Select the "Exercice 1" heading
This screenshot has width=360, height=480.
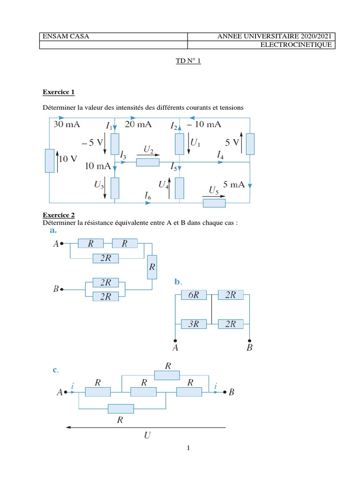pos(59,91)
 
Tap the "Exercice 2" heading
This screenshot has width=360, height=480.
pos(59,215)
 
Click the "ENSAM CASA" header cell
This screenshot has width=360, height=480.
pos(59,36)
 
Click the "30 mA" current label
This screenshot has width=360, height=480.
pos(66,124)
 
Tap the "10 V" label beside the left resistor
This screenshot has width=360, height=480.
pos(68,159)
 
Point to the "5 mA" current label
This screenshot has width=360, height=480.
pos(234,185)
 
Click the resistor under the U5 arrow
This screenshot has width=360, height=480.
pos(214,202)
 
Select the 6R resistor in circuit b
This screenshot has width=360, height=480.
pos(194,295)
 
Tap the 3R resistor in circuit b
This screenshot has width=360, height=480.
pos(194,323)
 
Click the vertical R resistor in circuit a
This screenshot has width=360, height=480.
pos(151,267)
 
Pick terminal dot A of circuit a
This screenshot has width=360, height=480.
pos(62,244)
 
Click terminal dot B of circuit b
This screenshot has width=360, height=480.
pos(249,341)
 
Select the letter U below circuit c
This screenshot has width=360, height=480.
pos(147,435)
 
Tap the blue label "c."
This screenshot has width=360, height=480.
pos(55,370)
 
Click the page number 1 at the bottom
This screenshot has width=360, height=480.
pos(188,448)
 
